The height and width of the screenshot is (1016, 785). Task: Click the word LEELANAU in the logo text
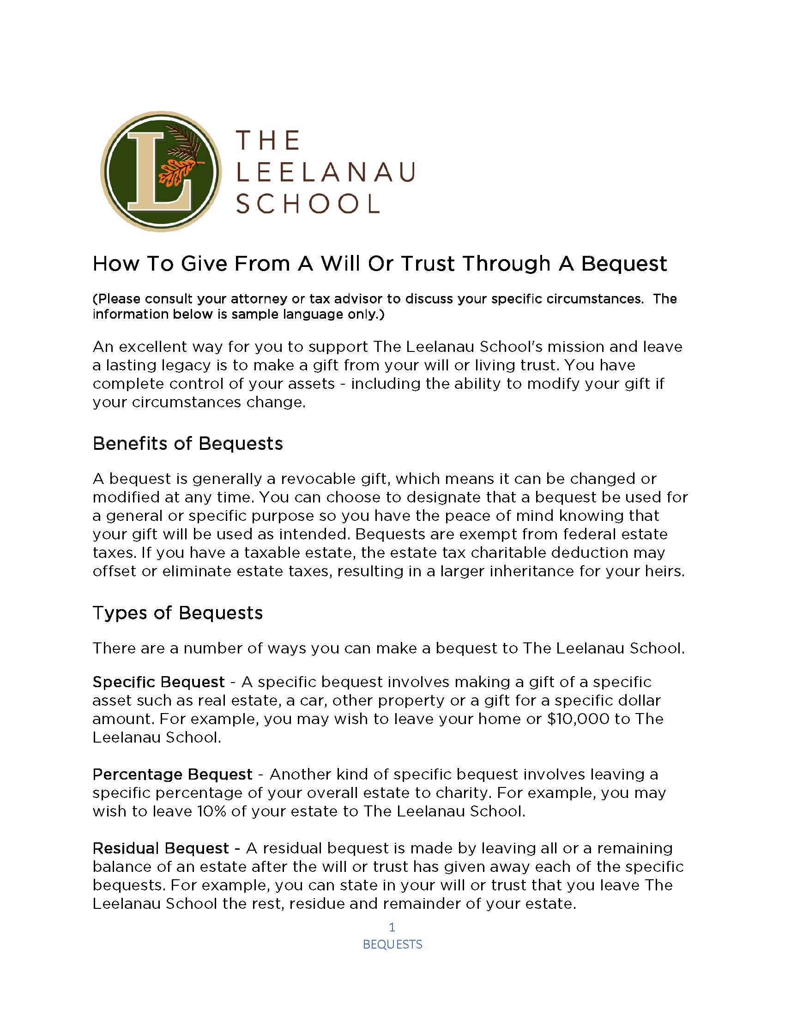[x=326, y=172]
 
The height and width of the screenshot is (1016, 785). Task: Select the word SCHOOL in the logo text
[x=308, y=204]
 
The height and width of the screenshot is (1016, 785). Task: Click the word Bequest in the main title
[x=624, y=264]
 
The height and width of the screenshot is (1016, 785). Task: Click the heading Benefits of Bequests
[x=187, y=443]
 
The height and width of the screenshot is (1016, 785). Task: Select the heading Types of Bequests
[x=178, y=613]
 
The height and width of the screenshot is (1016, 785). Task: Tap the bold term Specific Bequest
[x=158, y=682]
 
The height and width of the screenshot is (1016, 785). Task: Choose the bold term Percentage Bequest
[x=172, y=774]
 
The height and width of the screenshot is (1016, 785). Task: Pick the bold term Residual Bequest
[x=160, y=848]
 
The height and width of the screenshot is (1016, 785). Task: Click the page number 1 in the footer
[x=392, y=927]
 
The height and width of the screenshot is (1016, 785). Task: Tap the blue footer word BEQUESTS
[x=392, y=944]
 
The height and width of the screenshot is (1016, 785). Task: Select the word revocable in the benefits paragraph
[x=318, y=479]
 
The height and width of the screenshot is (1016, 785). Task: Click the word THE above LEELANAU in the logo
[x=268, y=140]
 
